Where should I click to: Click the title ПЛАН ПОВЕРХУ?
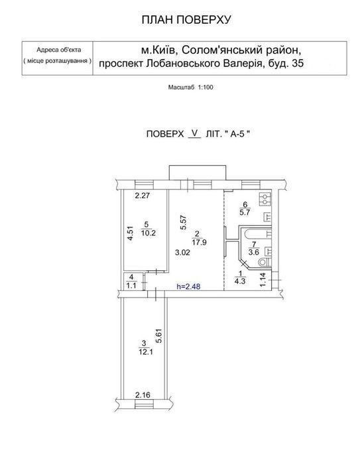[x=186, y=20]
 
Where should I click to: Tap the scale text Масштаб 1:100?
[x=191, y=87]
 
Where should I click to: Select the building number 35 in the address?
[x=297, y=64]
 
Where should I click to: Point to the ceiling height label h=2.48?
[x=188, y=286]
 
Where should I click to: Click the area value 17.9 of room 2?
[x=199, y=243]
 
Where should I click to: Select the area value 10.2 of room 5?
[x=148, y=233]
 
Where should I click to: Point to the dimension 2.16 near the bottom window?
[x=143, y=395]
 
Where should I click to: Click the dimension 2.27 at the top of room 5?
[x=143, y=196]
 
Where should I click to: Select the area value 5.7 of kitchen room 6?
[x=245, y=212]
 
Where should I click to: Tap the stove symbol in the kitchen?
[x=265, y=199]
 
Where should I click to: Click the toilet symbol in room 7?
[x=265, y=262]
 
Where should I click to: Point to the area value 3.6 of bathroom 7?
[x=254, y=253]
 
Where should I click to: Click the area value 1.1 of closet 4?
[x=131, y=286]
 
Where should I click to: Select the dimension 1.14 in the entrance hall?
[x=263, y=280]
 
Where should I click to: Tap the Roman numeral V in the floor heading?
[x=194, y=133]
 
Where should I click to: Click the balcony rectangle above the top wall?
[x=197, y=172]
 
